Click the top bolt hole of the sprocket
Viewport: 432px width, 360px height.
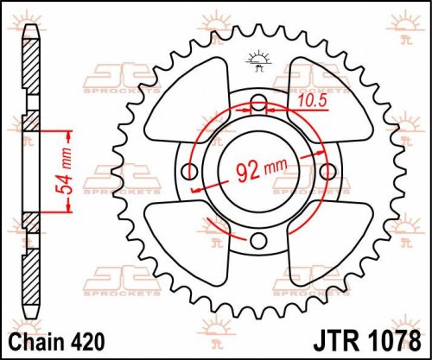click(x=257, y=106)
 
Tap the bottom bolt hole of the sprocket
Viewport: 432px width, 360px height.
click(x=257, y=239)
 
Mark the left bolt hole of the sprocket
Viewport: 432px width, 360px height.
click(x=191, y=173)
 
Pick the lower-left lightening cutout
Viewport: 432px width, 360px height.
click(x=184, y=244)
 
